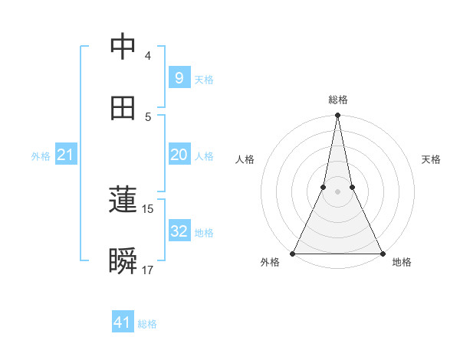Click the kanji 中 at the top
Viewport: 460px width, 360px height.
(123, 47)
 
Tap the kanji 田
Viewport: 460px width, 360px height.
(123, 109)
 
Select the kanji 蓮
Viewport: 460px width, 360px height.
(123, 201)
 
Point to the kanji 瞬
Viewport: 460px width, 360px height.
(123, 262)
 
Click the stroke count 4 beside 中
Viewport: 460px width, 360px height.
(147, 56)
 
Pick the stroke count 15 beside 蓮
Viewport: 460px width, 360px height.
(148, 209)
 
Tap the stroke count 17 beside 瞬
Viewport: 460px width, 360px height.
(148, 270)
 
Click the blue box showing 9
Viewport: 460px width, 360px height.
(179, 77)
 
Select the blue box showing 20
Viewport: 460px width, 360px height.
(179, 155)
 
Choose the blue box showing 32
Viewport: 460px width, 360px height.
(179, 231)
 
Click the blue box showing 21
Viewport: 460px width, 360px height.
(65, 155)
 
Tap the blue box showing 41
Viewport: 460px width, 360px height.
(123, 322)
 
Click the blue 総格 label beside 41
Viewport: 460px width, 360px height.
(147, 324)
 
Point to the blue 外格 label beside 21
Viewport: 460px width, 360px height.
(41, 156)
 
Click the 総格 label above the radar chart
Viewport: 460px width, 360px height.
(338, 100)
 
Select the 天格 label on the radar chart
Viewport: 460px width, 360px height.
(432, 159)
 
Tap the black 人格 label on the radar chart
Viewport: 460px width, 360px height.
(245, 159)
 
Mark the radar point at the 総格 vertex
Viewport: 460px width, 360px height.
(337, 116)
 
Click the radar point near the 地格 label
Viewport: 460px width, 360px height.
(382, 253)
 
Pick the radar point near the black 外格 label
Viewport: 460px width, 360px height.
(293, 253)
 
